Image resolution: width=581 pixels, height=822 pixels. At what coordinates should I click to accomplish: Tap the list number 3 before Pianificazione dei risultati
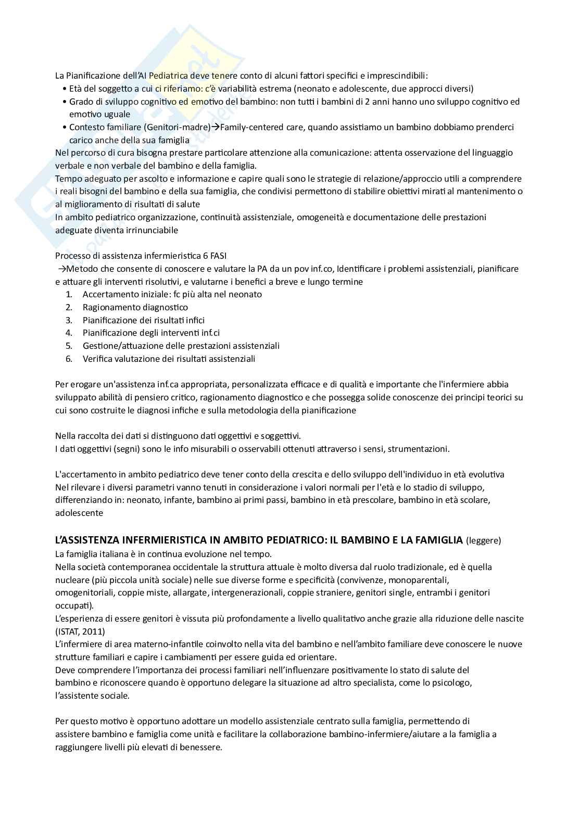[x=69, y=320]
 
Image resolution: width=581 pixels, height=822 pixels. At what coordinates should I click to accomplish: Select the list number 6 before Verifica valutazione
[x=69, y=359]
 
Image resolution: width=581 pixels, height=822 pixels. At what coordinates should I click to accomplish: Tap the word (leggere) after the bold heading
[x=483, y=540]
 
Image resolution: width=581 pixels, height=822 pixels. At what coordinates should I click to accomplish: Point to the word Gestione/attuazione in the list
[x=122, y=346]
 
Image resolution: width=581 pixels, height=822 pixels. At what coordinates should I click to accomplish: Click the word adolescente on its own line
[x=79, y=513]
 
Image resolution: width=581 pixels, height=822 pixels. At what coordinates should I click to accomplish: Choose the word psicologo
[x=452, y=682]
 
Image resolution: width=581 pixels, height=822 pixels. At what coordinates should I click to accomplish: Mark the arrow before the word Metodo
[x=62, y=269]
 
